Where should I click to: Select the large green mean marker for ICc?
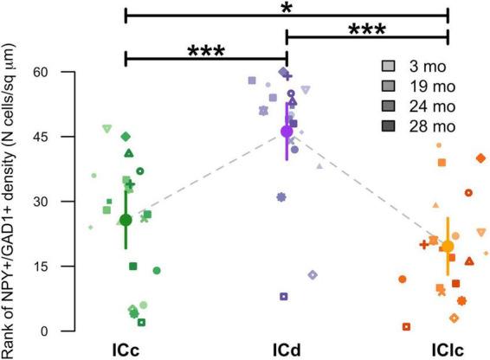pos(126,220)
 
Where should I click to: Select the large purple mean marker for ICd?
pos(287,131)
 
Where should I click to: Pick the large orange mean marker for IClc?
pos(448,247)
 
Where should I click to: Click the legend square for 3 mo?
pos(390,66)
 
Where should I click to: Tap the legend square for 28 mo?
pos(390,125)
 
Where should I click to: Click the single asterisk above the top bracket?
pos(287,7)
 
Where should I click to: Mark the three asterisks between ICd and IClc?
pos(367,29)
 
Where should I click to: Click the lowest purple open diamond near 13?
pos(313,274)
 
